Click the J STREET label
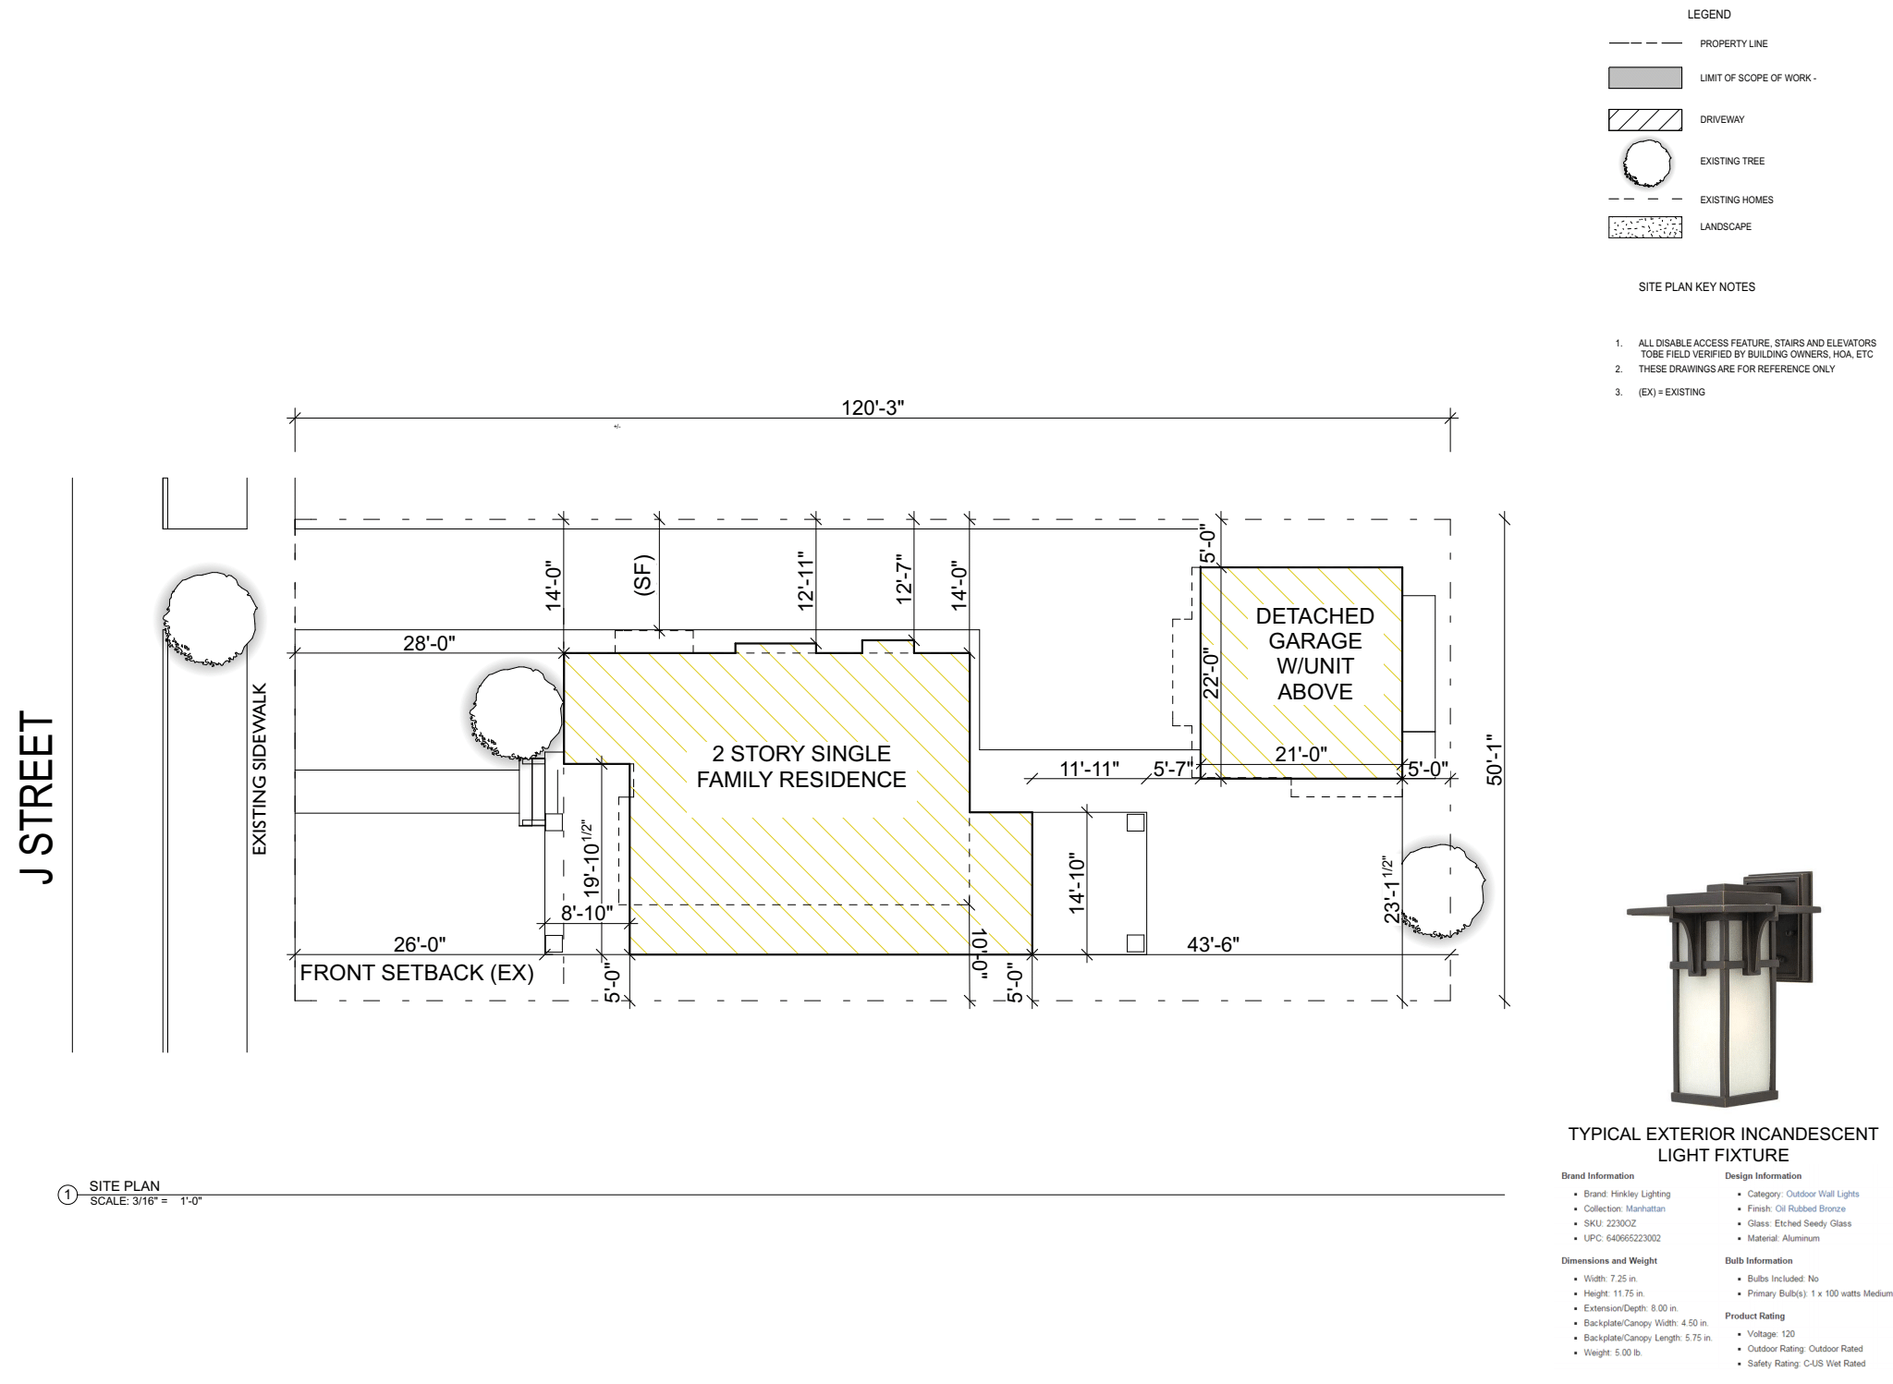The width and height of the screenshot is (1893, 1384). (37, 797)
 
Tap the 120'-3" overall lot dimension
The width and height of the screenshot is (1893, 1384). (872, 407)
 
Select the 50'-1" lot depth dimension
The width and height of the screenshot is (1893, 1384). (1495, 759)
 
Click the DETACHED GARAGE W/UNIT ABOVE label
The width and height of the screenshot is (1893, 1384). (1314, 653)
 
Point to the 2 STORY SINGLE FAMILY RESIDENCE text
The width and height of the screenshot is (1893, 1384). (800, 766)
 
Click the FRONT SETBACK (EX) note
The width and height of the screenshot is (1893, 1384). (417, 973)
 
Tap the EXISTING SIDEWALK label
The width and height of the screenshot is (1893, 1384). (260, 769)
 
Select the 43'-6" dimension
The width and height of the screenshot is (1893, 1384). (1213, 943)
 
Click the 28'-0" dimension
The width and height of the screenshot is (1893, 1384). (429, 642)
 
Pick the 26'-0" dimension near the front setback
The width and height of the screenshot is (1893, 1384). (420, 943)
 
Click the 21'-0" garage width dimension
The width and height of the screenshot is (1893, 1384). (1301, 754)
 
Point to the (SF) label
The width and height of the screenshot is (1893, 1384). (644, 575)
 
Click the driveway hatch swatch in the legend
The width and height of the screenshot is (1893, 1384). (1644, 119)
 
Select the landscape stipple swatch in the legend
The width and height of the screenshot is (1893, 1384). (1644, 226)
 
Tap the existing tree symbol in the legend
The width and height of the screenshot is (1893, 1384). (1646, 164)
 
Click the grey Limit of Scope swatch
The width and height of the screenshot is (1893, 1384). (1644, 78)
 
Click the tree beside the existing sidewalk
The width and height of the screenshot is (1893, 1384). (211, 618)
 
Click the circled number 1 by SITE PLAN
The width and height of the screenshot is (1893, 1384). (67, 1195)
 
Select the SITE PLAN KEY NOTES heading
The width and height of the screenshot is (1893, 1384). (1696, 287)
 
